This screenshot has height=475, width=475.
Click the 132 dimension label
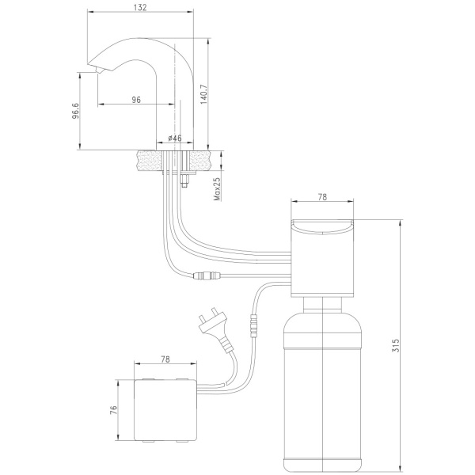pyautogui.click(x=140, y=6)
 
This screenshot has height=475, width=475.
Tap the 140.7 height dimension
pyautogui.click(x=203, y=94)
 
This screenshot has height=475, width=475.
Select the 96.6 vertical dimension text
pyautogui.click(x=75, y=111)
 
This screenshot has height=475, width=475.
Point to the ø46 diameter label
pyautogui.click(x=175, y=138)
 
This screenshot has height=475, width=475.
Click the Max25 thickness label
pyautogui.click(x=217, y=188)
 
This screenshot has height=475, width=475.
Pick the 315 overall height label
pyautogui.click(x=396, y=345)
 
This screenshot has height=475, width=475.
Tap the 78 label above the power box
pyautogui.click(x=165, y=359)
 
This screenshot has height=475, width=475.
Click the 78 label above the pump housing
pyautogui.click(x=323, y=197)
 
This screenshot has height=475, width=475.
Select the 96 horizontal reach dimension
pyautogui.click(x=136, y=100)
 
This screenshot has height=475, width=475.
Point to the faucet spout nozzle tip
pyautogui.click(x=100, y=71)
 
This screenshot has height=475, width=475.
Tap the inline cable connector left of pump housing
pyautogui.click(x=207, y=275)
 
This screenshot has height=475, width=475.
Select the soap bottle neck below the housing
pyautogui.click(x=323, y=305)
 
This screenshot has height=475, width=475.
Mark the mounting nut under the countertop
pyautogui.click(x=184, y=180)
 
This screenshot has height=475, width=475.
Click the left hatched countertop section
pyautogui.click(x=149, y=160)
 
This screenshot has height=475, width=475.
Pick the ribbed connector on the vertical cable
pyautogui.click(x=253, y=326)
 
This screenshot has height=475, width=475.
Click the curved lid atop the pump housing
pyautogui.click(x=322, y=226)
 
